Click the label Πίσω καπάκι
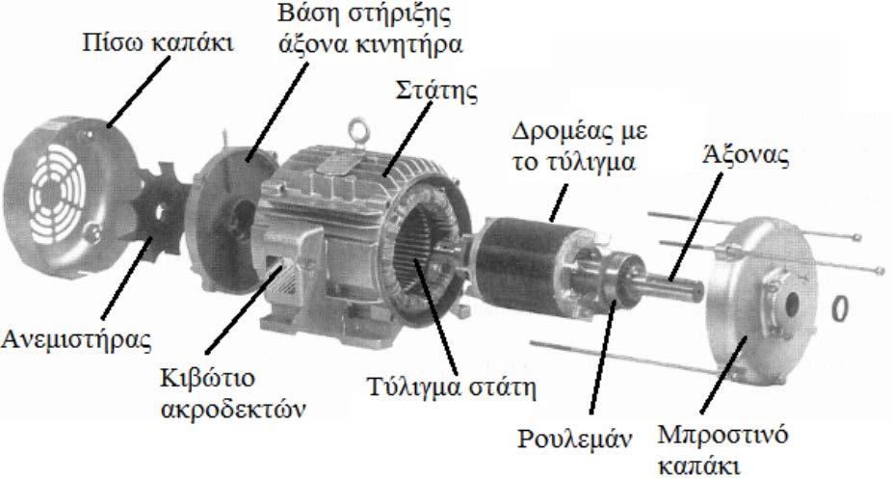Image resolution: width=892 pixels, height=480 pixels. point(158,42)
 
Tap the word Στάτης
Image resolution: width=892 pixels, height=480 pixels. point(436,92)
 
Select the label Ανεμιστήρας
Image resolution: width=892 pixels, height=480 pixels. point(76,339)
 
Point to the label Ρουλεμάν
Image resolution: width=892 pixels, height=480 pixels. point(574,439)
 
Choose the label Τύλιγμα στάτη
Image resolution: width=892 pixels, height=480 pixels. point(451,387)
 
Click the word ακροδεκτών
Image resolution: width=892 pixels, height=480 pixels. point(233,409)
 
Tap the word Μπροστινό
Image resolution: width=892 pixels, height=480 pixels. point(722,436)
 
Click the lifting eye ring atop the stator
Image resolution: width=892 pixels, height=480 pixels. point(359,131)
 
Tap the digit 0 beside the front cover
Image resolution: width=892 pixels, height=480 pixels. point(840,307)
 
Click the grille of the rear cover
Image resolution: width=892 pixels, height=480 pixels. point(56,194)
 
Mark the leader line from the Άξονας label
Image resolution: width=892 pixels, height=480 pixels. point(695,227)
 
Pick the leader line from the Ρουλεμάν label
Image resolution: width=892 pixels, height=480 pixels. point(602,357)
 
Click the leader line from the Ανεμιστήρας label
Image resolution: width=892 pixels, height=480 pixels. point(127,279)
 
